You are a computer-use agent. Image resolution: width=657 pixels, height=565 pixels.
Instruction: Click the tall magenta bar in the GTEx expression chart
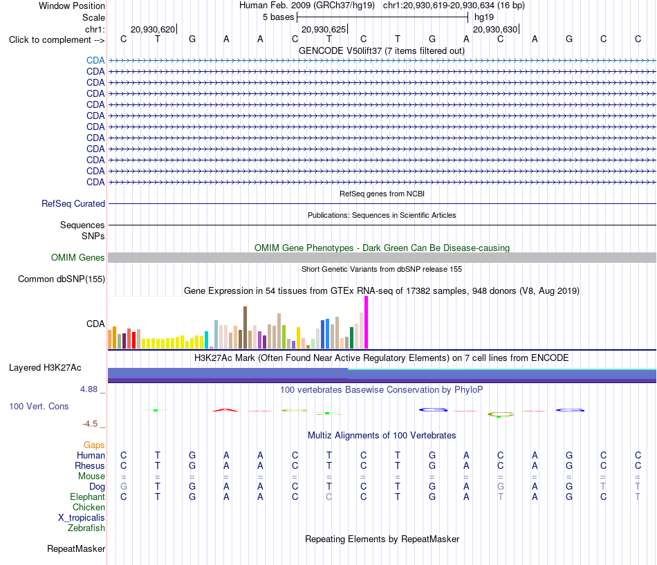tap(367, 322)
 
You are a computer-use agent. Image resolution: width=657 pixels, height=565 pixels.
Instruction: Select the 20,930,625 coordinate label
tap(324, 29)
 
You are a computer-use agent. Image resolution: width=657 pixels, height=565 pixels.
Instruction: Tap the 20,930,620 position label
tap(153, 29)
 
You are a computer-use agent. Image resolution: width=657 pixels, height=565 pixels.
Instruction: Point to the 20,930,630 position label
tap(495, 29)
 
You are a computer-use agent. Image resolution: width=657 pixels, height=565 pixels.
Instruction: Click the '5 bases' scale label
tap(278, 17)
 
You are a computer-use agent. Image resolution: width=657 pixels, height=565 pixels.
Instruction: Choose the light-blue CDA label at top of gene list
tap(95, 60)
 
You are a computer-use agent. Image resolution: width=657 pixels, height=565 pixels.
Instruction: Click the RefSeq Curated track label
tap(73, 204)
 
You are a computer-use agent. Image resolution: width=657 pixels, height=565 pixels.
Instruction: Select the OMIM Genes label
tap(78, 258)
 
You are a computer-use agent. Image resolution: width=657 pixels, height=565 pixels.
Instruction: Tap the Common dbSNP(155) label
tap(62, 279)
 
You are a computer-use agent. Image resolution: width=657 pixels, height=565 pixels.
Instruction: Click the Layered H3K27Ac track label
tap(45, 368)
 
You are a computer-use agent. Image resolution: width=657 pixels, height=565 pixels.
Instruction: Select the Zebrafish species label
tap(86, 528)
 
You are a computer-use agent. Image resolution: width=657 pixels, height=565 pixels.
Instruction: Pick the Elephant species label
tap(87, 497)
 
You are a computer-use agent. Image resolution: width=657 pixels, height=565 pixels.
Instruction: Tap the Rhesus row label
tap(90, 465)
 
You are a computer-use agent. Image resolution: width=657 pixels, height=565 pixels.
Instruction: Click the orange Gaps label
tap(94, 445)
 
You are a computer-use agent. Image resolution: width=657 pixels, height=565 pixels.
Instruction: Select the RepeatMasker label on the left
tap(76, 549)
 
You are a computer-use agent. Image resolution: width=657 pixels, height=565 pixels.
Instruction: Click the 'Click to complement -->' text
tap(57, 40)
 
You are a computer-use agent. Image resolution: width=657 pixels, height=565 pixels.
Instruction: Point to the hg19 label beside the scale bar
tap(484, 17)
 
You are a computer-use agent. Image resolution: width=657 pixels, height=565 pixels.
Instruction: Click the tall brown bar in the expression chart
tap(245, 327)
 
